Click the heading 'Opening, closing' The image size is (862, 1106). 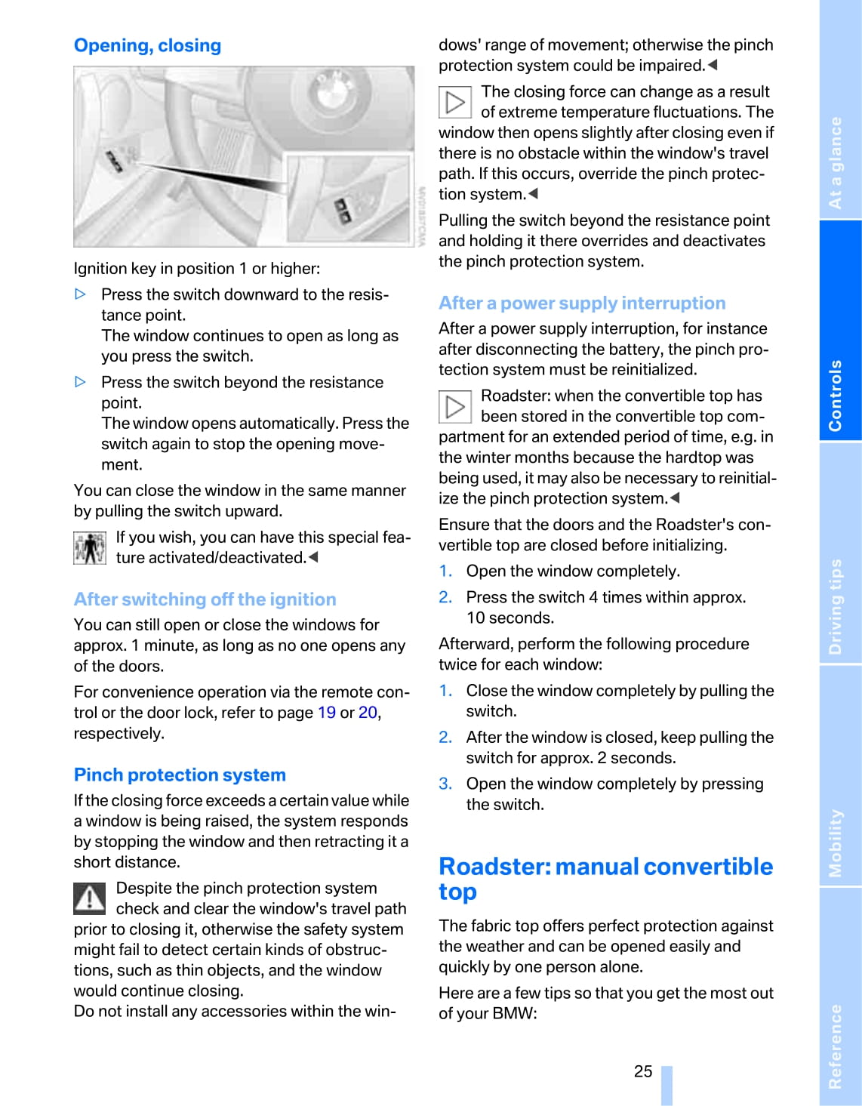point(147,46)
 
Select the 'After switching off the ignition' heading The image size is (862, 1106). point(205,599)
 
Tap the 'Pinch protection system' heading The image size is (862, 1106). point(180,775)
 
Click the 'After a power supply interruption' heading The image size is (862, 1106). point(582,303)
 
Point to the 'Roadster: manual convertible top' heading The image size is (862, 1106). point(605,879)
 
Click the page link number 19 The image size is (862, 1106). point(327,713)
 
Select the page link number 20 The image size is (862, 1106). point(368,713)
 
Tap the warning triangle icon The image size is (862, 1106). point(89,898)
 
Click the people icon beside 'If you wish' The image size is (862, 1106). point(89,548)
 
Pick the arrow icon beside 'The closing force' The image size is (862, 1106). point(455,103)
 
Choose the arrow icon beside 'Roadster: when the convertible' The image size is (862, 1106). point(455,407)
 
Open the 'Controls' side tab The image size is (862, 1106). point(836,395)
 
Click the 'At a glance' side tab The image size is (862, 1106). point(836,162)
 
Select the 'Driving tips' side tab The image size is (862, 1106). point(836,606)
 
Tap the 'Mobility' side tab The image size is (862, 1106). point(836,843)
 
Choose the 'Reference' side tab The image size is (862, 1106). point(836,1046)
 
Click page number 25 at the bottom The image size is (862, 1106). point(643,1072)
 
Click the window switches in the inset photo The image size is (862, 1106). point(343,211)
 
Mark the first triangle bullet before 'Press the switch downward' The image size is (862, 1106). point(81,294)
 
